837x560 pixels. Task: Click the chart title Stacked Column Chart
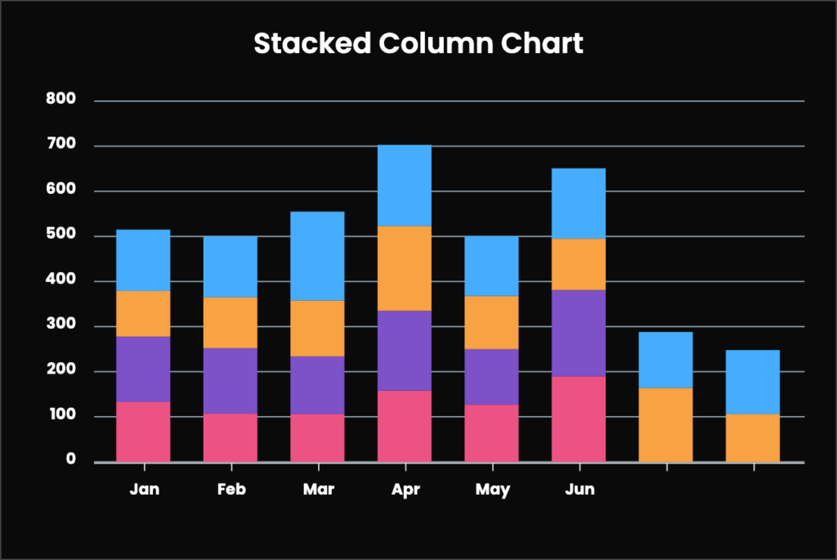[418, 43]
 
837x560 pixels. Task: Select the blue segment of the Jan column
[143, 260]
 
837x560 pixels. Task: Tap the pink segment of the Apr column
[404, 426]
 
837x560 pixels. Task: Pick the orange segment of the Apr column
[404, 268]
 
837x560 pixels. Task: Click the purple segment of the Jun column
[578, 333]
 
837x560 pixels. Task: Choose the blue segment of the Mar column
[317, 256]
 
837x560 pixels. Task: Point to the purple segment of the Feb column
[230, 380]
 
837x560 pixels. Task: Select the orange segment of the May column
[491, 322]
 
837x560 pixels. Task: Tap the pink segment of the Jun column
[578, 419]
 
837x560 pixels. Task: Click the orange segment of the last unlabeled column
[752, 437]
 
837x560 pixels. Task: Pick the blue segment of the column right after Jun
[665, 360]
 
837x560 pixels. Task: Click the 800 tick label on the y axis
[60, 100]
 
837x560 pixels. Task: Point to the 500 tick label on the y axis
[60, 235]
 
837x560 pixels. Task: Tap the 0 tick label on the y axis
[70, 460]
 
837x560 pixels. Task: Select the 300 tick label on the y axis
[60, 325]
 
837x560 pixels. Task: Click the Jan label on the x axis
[144, 490]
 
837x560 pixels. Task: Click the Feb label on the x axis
[231, 490]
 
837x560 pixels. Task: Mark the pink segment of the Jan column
[143, 432]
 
